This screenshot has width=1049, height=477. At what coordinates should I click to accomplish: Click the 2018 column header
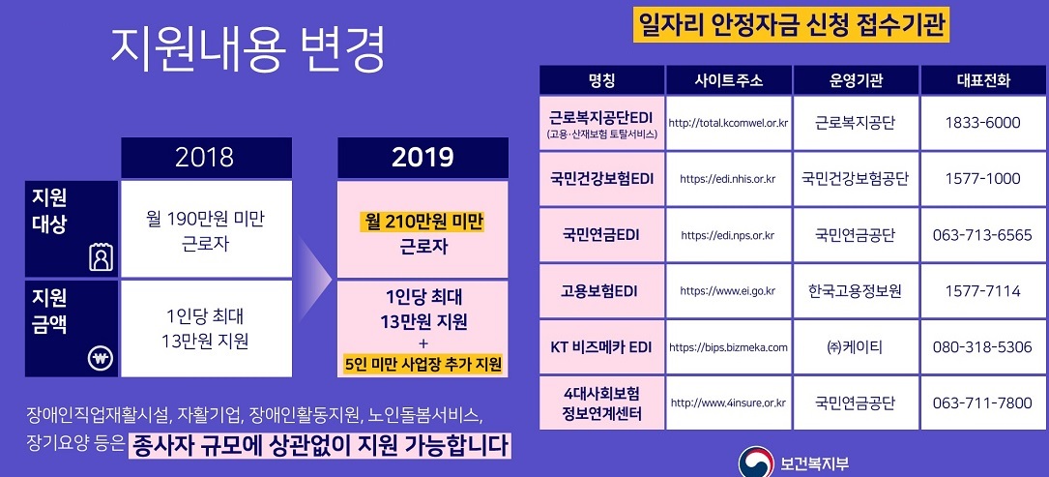pos(206,158)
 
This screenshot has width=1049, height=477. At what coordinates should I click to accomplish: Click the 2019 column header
pos(423,158)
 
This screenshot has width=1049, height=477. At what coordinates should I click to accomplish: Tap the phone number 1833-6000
pos(982,123)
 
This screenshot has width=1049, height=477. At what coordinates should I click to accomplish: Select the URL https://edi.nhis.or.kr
pos(728,179)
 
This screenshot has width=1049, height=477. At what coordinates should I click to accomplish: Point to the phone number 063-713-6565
pos(982,235)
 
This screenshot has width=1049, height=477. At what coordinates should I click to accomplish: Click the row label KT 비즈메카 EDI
pos(601,347)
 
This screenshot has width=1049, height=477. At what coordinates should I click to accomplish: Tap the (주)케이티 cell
pos(856,347)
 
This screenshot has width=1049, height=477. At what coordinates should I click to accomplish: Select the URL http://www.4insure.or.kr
pos(728,403)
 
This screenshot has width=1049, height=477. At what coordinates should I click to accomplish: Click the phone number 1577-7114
pos(982,291)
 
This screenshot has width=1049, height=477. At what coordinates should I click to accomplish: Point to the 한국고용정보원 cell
pos(856,291)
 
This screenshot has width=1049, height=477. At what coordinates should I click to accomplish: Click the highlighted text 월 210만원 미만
pos(422,222)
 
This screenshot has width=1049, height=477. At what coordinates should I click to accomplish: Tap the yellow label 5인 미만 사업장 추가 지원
pos(423,365)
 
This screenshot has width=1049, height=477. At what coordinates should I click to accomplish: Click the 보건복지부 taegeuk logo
pos(756,462)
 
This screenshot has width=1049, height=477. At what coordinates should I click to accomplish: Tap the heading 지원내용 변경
pos(248,51)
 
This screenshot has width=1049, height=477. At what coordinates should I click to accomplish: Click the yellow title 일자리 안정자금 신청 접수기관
pos(792,27)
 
